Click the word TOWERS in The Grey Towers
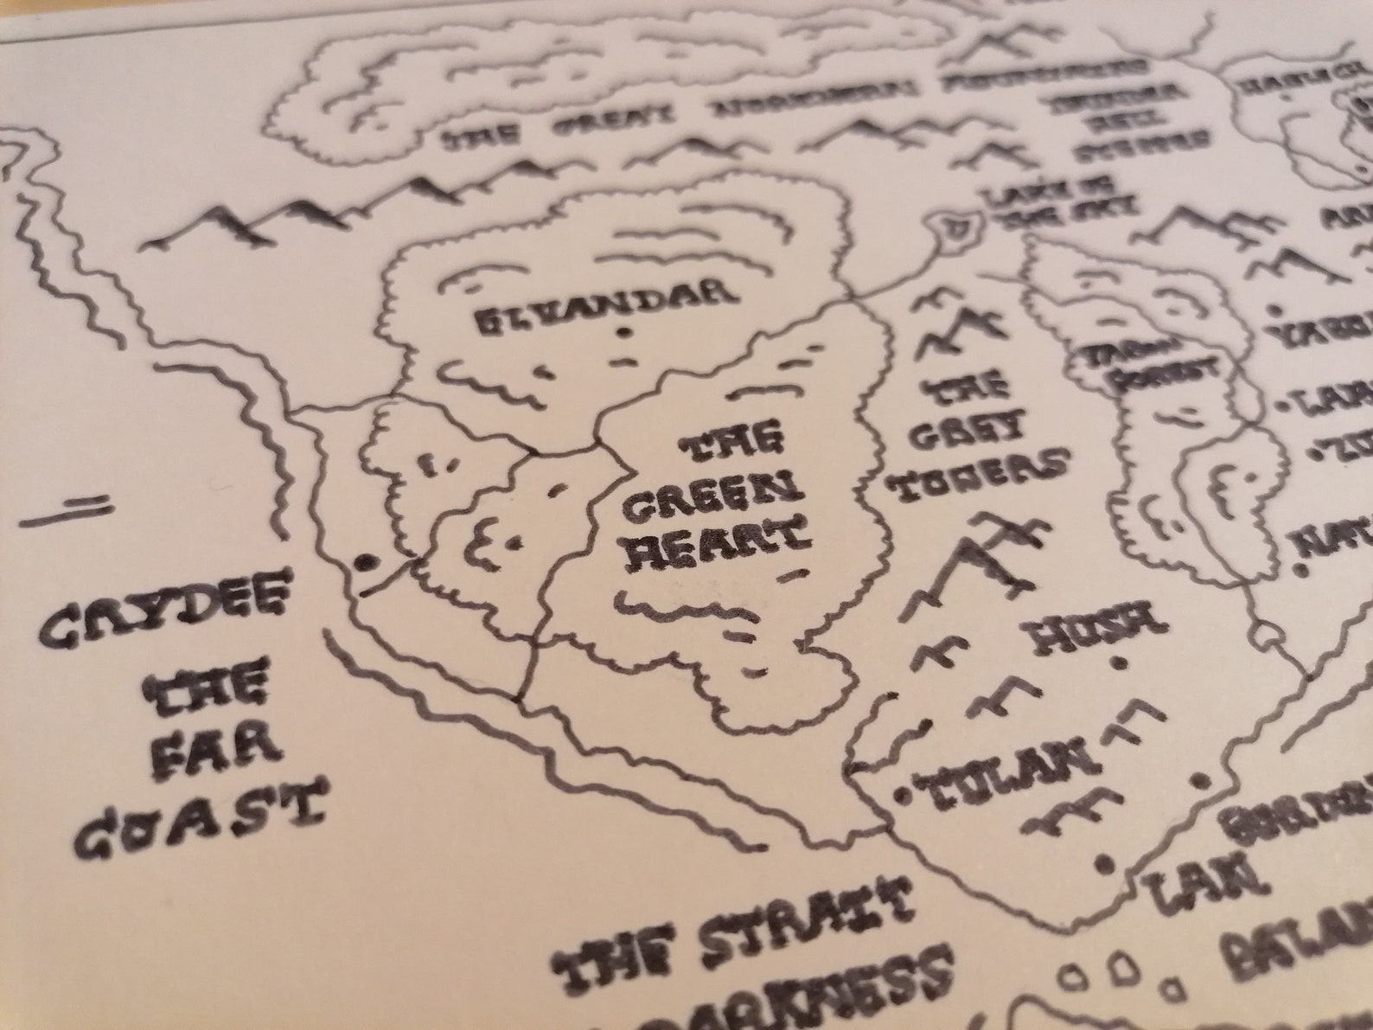click(x=976, y=476)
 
